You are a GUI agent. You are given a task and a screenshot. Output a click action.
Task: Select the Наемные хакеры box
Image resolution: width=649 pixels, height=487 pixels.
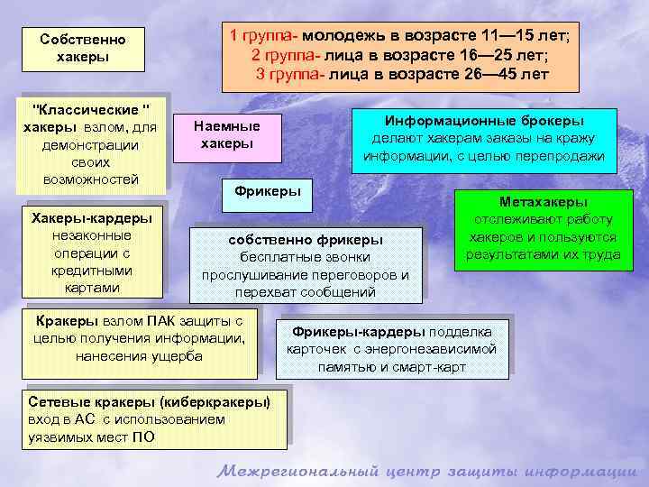coord(227,135)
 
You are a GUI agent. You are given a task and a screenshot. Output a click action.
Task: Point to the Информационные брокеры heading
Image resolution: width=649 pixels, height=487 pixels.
coord(484,121)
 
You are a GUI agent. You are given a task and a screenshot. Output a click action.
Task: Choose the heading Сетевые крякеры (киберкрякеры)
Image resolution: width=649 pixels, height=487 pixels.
coord(149,401)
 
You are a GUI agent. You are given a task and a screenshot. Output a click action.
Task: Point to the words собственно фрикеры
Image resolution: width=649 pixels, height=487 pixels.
coord(306,239)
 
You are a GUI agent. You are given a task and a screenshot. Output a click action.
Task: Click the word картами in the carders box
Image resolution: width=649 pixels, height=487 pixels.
coord(92,288)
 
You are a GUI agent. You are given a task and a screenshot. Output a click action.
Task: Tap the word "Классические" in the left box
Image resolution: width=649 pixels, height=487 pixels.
coord(91,109)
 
